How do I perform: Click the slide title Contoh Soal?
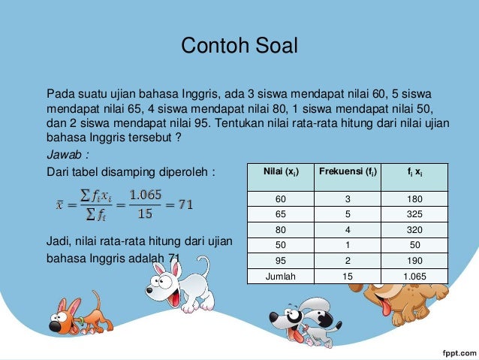[239, 46]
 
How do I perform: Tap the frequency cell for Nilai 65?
[346, 214]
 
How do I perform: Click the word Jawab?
[64, 155]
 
